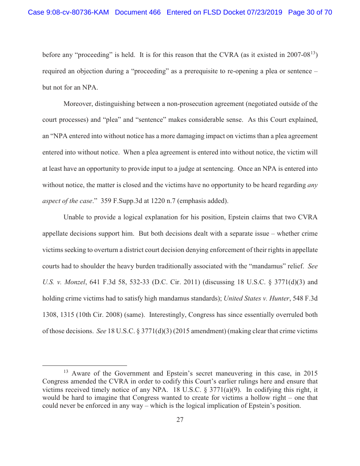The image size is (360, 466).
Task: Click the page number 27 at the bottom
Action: pyautogui.click(x=180, y=420)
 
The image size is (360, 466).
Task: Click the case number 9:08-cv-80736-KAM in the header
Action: pyautogui.click(x=68, y=12)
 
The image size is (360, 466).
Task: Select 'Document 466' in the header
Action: pyautogui.click(x=138, y=12)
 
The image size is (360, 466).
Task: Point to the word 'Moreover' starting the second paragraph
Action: pyautogui.click(x=79, y=104)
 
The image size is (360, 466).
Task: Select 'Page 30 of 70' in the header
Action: pyautogui.click(x=310, y=12)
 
